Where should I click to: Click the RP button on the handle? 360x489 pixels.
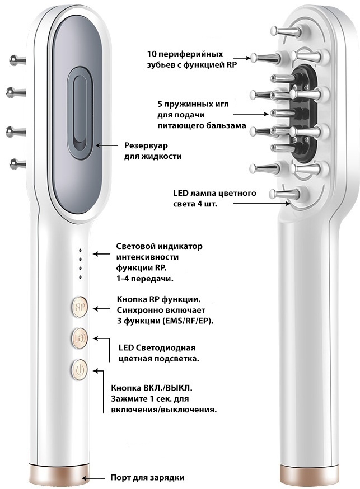[x=80, y=307]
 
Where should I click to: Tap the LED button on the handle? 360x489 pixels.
[x=80, y=338]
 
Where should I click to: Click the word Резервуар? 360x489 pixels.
[x=146, y=145]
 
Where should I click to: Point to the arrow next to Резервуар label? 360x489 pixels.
[x=106, y=145]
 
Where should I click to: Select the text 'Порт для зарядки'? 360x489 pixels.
[x=147, y=478]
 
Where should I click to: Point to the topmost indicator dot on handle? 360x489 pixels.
[x=81, y=250]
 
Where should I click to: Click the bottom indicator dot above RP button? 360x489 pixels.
[x=81, y=277]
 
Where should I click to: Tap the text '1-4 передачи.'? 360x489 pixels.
[x=145, y=279]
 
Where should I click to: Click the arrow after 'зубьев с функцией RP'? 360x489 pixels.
[x=242, y=58]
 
